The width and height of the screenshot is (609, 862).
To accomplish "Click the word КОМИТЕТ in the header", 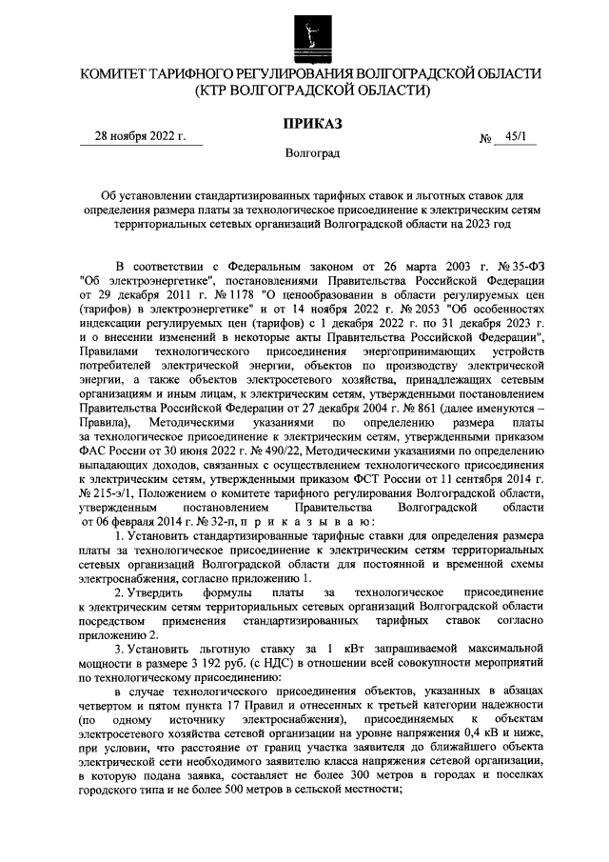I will click(118, 74).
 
